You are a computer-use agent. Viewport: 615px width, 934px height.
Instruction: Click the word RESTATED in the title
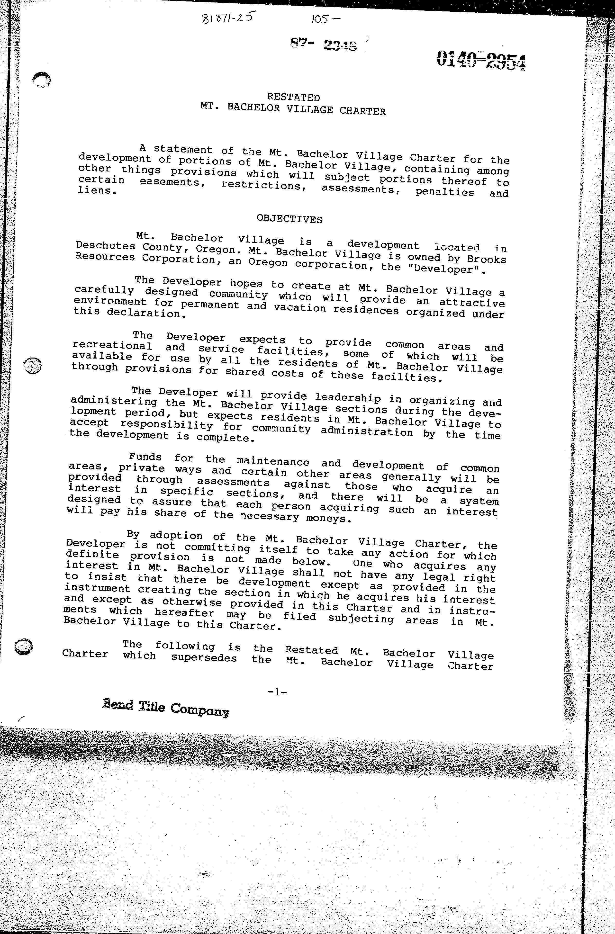tap(293, 97)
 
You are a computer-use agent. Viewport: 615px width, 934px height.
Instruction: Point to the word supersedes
tap(204, 657)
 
